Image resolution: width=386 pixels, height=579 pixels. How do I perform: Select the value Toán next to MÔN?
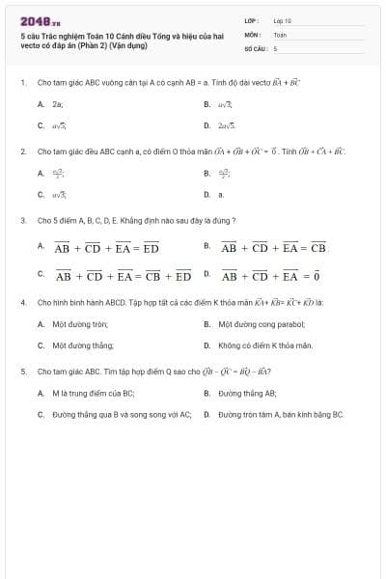pos(280,34)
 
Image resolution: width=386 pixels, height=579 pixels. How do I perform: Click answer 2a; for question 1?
pos(58,103)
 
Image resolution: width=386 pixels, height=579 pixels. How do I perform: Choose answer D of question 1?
pos(226,125)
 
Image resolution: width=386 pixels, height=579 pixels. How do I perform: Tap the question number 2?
pos(23,152)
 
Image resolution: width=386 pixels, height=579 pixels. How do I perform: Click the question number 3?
pos(23,220)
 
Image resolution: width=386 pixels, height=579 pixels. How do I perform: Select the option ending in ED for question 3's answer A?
pos(106,248)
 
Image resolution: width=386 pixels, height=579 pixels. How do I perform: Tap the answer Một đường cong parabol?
pos(261,324)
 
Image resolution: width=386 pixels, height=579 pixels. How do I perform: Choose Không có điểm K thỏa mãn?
pos(265,345)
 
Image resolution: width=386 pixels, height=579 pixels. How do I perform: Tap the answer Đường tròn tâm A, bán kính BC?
pos(280,414)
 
